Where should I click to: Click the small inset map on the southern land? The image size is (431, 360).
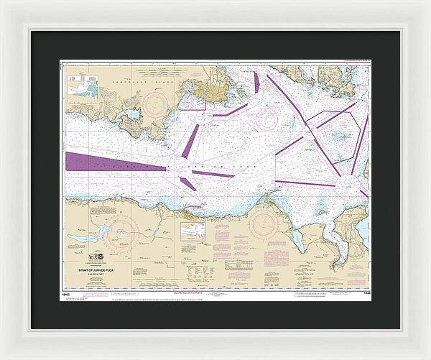193,231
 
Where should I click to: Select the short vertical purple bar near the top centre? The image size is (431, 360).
256,82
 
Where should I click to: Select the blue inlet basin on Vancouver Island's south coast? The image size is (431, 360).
134,114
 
